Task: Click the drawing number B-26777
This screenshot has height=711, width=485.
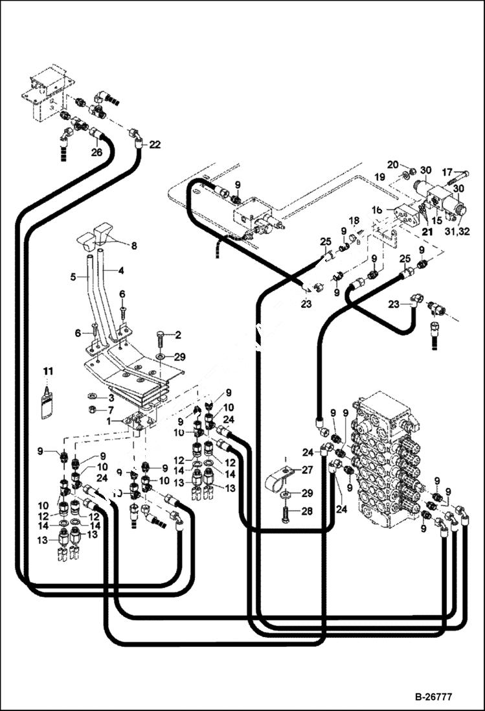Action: coord(433,697)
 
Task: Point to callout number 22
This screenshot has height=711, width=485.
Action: coord(154,145)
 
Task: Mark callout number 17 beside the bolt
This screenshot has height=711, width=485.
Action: coord(447,172)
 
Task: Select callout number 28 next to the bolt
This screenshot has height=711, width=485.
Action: coord(307,512)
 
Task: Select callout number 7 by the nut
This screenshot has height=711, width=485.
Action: coord(110,411)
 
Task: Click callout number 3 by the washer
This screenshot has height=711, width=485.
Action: coord(110,397)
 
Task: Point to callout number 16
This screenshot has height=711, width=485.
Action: coord(378,209)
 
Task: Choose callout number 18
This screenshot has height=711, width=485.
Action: coord(354,221)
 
